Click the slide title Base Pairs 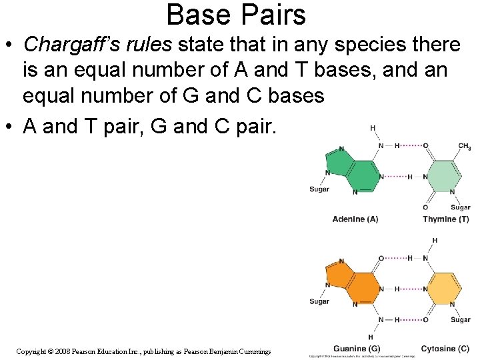click(x=236, y=15)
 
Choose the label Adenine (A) click(x=355, y=219)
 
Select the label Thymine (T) click(x=445, y=219)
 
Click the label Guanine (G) click(x=356, y=349)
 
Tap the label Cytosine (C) click(x=445, y=349)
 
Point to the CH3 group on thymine click(x=464, y=147)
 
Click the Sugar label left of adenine click(x=319, y=189)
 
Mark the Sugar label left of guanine click(x=319, y=301)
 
